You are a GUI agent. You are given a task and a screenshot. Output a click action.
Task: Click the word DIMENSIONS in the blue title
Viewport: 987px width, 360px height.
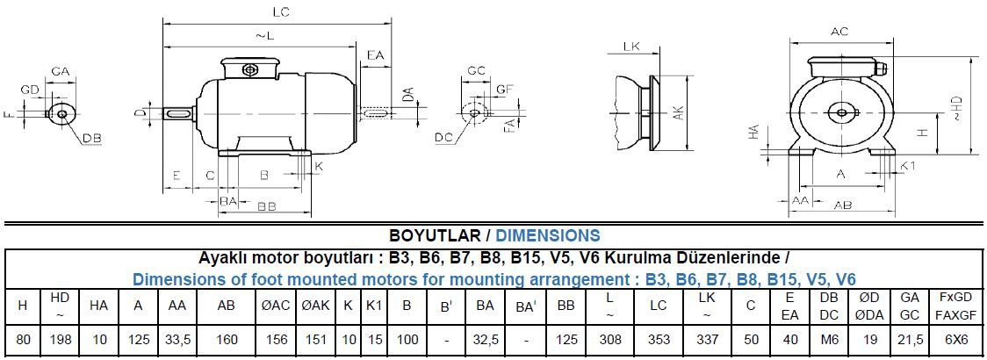click(548, 235)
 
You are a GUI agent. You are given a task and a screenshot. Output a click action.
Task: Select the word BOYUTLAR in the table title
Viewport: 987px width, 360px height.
click(435, 235)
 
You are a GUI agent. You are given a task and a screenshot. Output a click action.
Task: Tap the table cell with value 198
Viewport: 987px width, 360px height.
click(60, 339)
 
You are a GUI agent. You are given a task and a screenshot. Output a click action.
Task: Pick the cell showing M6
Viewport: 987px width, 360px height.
click(829, 339)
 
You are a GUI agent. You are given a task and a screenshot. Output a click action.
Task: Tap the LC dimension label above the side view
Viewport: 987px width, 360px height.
click(282, 12)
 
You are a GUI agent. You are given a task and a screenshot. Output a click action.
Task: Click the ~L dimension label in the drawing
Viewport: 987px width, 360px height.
click(264, 35)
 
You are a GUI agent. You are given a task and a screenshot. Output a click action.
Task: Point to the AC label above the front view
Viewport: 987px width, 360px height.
click(839, 32)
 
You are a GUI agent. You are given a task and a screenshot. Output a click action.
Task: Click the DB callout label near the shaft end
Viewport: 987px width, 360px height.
click(92, 139)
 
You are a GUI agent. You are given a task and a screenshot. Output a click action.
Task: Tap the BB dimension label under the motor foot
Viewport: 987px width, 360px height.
click(267, 205)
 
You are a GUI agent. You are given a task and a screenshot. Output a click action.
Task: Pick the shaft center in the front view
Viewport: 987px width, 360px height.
click(840, 112)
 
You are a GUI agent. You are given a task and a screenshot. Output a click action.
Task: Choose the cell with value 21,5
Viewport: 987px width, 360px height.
click(909, 339)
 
